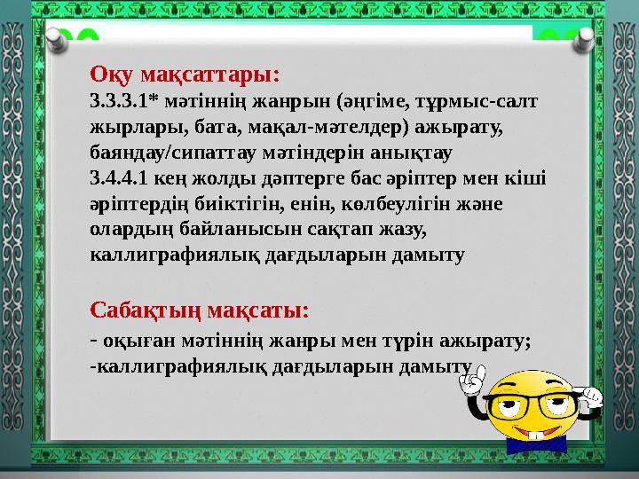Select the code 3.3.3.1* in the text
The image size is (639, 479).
point(124,99)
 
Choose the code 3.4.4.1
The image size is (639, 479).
point(120,178)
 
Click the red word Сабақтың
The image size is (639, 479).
point(145,310)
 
